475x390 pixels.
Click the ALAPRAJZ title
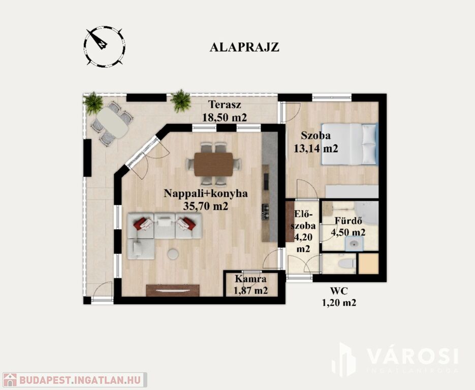pyautogui.click(x=244, y=47)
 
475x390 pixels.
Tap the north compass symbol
pyautogui.click(x=104, y=46)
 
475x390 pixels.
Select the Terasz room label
pyautogui.click(x=225, y=105)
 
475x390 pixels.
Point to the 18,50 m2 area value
pyautogui.click(x=225, y=117)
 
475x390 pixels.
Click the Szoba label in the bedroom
pyautogui.click(x=315, y=136)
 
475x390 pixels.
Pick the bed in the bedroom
pyautogui.click(x=350, y=144)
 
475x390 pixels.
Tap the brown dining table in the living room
pyautogui.click(x=213, y=164)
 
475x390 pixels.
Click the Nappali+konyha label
pyautogui.click(x=206, y=193)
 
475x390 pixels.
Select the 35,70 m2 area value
pyautogui.click(x=206, y=206)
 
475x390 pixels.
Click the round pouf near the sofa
pyautogui.click(x=173, y=254)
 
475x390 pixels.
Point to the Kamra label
pyautogui.click(x=250, y=278)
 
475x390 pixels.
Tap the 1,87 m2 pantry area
pyautogui.click(x=250, y=290)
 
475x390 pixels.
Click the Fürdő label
pyautogui.click(x=349, y=221)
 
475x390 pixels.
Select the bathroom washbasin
pyautogui.click(x=354, y=244)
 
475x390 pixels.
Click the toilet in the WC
pyautogui.click(x=346, y=264)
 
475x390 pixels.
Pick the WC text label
pyautogui.click(x=339, y=291)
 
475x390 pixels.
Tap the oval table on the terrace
pyautogui.click(x=112, y=123)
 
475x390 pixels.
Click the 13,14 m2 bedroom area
pyautogui.click(x=315, y=148)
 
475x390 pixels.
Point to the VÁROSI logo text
pyautogui.click(x=413, y=356)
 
